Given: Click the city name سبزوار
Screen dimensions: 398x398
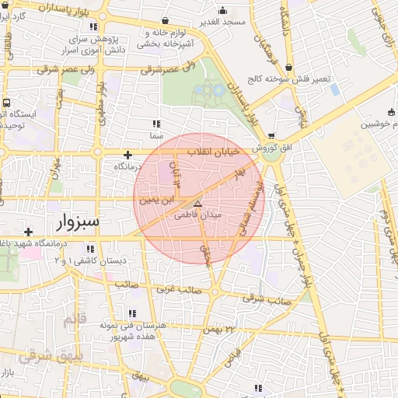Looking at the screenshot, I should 79,222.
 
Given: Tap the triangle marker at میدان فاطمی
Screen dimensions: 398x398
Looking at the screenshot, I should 197,203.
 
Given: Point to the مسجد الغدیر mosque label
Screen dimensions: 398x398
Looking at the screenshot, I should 223,22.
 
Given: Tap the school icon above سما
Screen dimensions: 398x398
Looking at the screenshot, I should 155,123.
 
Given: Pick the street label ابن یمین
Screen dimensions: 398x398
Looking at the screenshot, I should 153,200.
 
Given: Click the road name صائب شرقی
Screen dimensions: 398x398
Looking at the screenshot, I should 267,298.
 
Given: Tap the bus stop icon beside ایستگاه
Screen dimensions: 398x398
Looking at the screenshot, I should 7,102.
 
